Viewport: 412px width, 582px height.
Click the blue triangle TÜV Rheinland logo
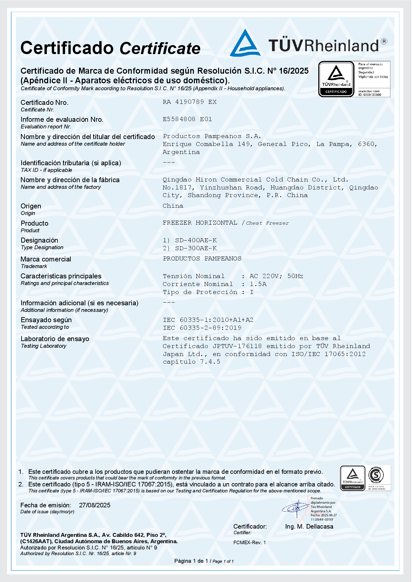pos(245,43)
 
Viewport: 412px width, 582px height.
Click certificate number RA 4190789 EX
pos(189,102)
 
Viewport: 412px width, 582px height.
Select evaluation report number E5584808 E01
pos(187,119)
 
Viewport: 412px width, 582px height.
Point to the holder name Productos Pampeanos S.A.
pos(212,136)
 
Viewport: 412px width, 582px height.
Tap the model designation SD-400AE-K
pos(196,240)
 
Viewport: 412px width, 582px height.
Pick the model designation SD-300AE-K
pos(196,248)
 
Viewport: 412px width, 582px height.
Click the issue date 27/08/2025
pos(95,505)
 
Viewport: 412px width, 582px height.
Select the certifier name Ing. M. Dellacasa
pos(309,527)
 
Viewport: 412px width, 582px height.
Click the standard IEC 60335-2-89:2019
pos(202,328)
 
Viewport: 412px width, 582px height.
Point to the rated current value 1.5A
pos(258,284)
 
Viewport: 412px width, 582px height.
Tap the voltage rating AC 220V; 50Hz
pos(276,276)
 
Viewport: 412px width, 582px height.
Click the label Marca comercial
pos(46,259)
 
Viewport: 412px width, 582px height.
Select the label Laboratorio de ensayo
pos(55,339)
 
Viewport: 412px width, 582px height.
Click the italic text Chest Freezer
pos(267,223)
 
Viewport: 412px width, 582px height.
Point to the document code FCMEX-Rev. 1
pos(250,543)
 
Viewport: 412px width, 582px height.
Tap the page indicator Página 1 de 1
pos(191,561)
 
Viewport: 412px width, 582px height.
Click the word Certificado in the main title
pos(67,48)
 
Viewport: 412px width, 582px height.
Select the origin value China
pos(173,206)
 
